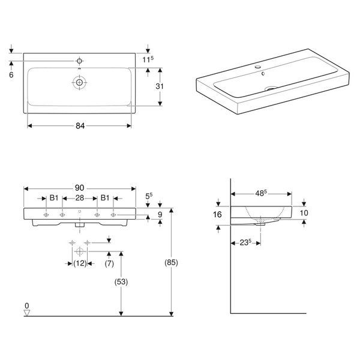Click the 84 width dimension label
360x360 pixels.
(80, 126)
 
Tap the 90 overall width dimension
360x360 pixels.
(79, 188)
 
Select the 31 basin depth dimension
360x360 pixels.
(160, 86)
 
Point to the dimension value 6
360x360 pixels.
(11, 75)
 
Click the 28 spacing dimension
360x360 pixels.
(80, 198)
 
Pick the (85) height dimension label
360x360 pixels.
(171, 262)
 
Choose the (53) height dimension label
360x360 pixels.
(121, 282)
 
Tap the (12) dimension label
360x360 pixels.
(80, 263)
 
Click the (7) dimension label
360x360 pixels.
(109, 263)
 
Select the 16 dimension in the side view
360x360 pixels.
(217, 215)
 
